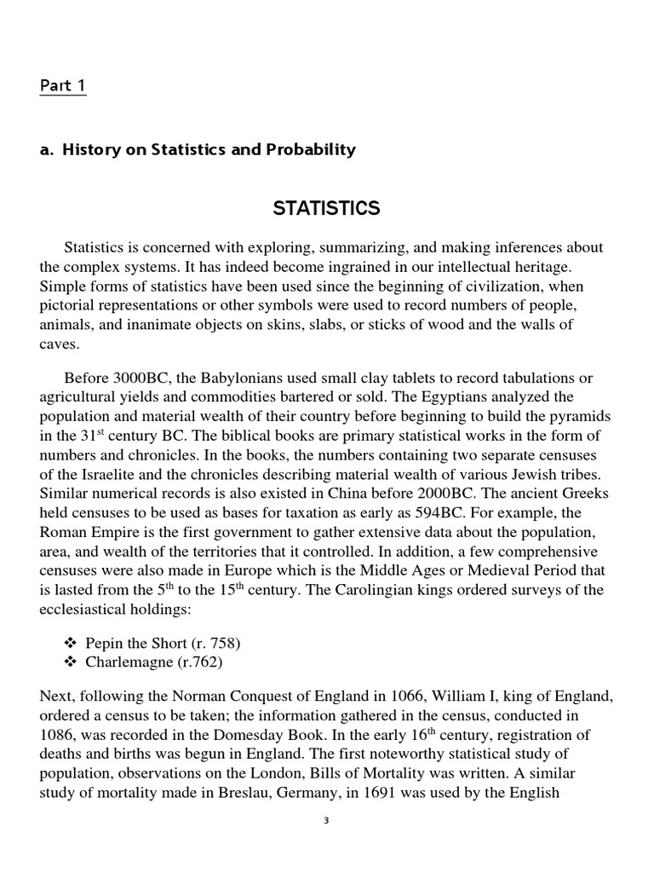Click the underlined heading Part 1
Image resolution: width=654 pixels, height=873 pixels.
click(62, 86)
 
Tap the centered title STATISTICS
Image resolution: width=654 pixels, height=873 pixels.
click(326, 208)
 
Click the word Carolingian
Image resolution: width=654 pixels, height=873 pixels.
click(373, 590)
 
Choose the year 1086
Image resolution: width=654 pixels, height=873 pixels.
click(59, 734)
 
